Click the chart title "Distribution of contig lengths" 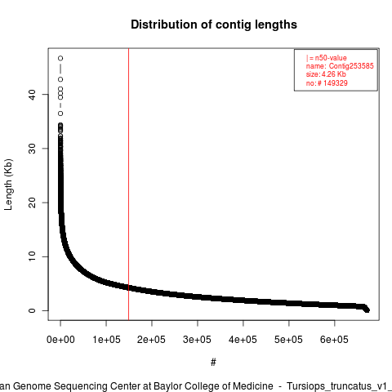click(x=214, y=24)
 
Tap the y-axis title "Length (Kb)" click(x=8, y=185)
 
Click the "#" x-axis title click(x=213, y=363)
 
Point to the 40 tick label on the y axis click(x=32, y=95)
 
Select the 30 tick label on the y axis click(x=32, y=149)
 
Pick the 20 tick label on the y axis click(x=32, y=203)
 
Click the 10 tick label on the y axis click(x=32, y=256)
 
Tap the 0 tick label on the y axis click(x=32, y=310)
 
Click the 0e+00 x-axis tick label click(x=60, y=340)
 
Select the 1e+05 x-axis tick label click(x=106, y=340)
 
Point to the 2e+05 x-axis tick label click(x=152, y=340)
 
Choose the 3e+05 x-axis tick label click(x=198, y=340)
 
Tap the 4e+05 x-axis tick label click(x=243, y=340)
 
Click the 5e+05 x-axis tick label click(x=289, y=340)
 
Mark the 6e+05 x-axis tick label click(x=335, y=340)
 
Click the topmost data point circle click(x=60, y=58)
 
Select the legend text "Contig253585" click(x=351, y=66)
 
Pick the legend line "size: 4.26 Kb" click(x=326, y=74)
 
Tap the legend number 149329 click(x=336, y=83)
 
